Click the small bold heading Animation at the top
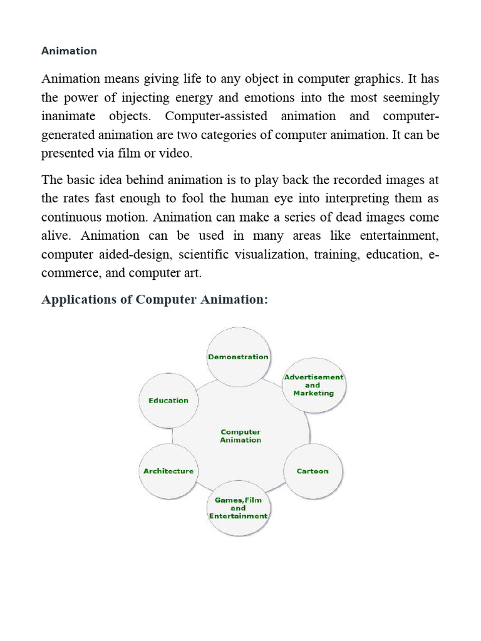69,51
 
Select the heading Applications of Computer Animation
154,300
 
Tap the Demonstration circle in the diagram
238,357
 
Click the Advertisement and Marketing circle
314,386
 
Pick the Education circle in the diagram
168,401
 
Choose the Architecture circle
168,471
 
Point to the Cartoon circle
312,471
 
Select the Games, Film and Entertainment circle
238,508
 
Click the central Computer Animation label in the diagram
240,436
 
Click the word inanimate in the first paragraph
68,117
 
